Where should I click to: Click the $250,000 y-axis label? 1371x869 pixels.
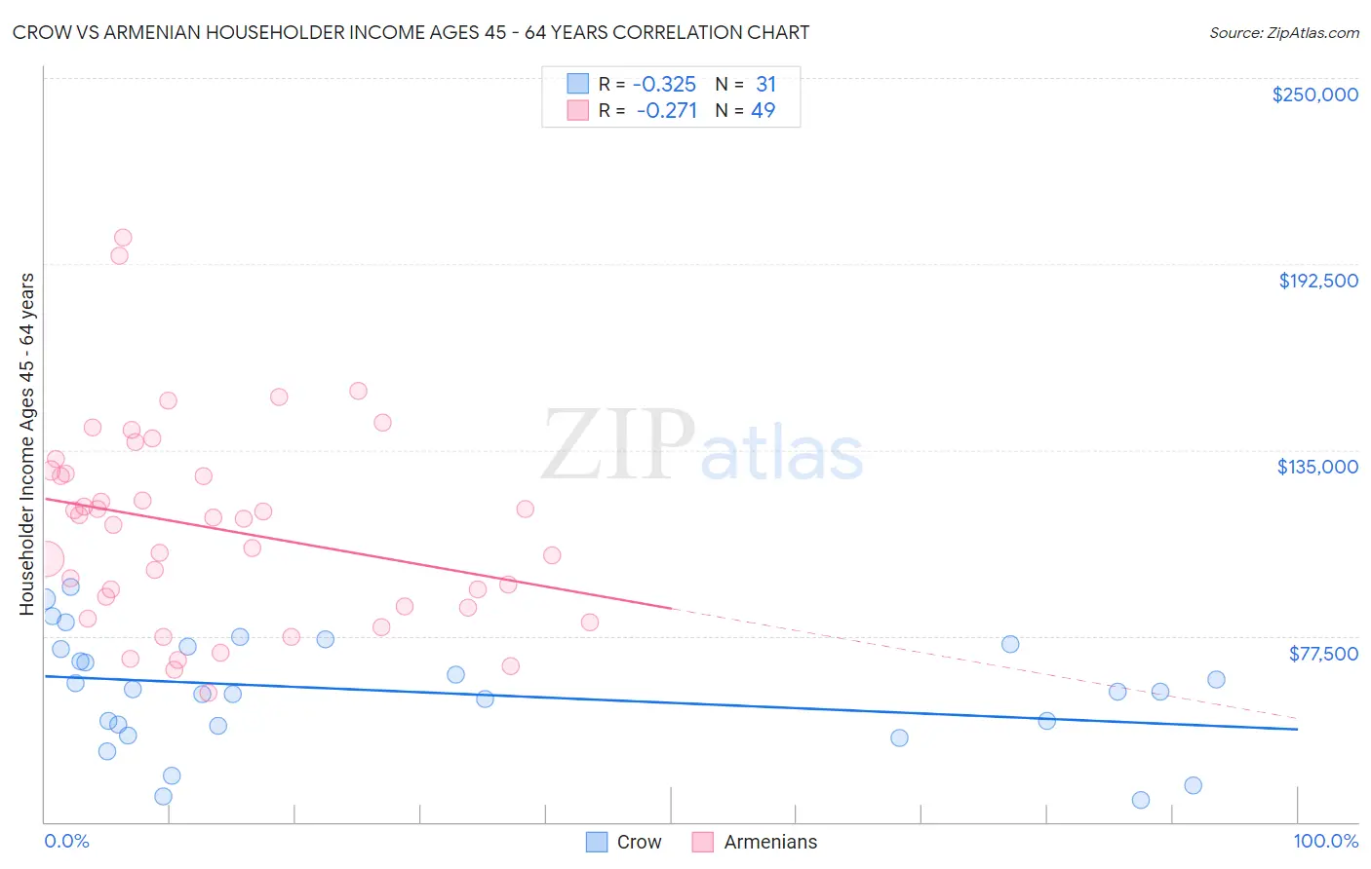click(1314, 94)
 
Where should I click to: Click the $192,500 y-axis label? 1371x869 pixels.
click(1317, 281)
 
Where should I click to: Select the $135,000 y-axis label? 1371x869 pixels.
click(1317, 467)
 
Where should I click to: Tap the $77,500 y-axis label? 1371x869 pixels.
click(1323, 654)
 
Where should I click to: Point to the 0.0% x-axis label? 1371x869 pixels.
click(66, 841)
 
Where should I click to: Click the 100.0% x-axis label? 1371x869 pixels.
click(1325, 841)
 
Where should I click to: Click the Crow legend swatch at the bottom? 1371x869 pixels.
click(597, 842)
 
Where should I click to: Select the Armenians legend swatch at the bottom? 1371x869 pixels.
click(703, 842)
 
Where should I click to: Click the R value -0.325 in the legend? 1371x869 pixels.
click(664, 85)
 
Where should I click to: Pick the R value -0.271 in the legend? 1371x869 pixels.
click(666, 111)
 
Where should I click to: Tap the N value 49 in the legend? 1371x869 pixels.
click(764, 111)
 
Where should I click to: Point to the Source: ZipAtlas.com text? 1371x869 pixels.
click(1283, 32)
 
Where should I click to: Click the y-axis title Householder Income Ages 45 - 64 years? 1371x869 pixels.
click(26, 444)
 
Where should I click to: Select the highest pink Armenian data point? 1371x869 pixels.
click(123, 238)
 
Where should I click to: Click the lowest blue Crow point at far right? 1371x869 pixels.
click(1141, 800)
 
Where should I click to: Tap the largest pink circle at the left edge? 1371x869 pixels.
click(45, 560)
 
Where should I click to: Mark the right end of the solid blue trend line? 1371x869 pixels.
click(1297, 729)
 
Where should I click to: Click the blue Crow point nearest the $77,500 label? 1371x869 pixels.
click(1216, 680)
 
